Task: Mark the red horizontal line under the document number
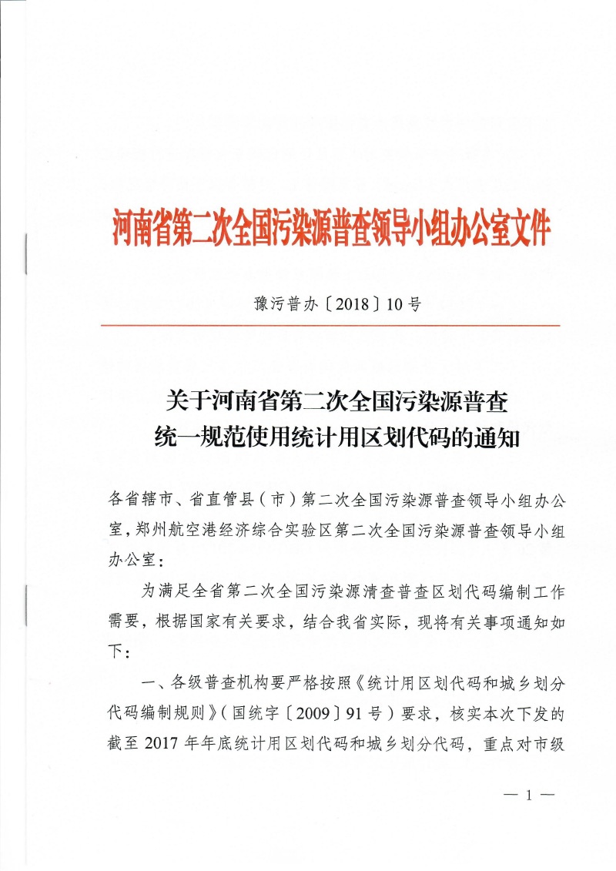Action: (x=330, y=326)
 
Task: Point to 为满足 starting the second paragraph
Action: (x=170, y=591)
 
